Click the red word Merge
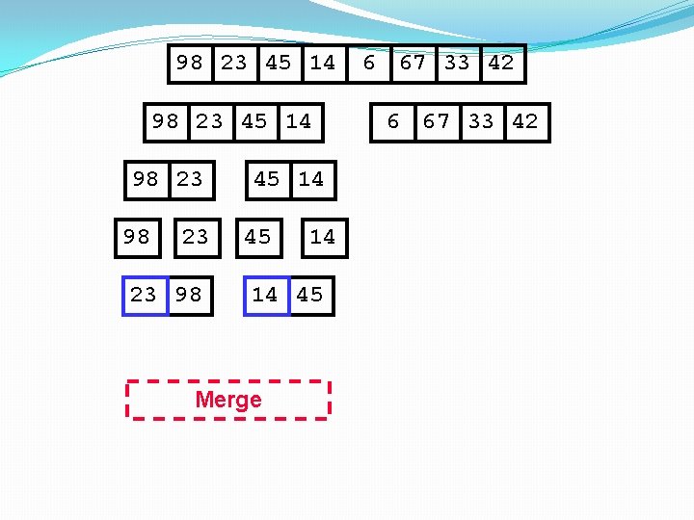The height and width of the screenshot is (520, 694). click(228, 400)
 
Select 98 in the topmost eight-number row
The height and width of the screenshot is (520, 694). click(190, 64)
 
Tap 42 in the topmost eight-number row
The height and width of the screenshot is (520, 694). click(500, 64)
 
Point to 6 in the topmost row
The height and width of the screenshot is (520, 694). click(368, 64)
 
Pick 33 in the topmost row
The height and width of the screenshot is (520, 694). click(457, 64)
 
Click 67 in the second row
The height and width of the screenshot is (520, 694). click(437, 121)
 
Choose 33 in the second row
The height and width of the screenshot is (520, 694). click(481, 121)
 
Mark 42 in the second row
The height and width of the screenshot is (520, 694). click(524, 121)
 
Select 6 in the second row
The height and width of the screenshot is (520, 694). click(392, 121)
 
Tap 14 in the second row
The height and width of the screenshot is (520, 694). click(299, 121)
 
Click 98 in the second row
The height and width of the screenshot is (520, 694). click(166, 121)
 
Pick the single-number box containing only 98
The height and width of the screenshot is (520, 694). click(137, 237)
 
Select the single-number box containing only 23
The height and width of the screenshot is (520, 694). click(196, 237)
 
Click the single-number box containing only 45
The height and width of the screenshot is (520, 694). click(257, 237)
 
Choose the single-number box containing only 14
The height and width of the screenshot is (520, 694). click(322, 237)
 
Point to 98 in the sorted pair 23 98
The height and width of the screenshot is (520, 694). click(189, 295)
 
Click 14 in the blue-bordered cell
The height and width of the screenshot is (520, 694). click(265, 295)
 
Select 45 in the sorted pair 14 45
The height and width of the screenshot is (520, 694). click(310, 295)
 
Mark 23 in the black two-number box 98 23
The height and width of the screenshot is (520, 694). click(190, 179)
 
